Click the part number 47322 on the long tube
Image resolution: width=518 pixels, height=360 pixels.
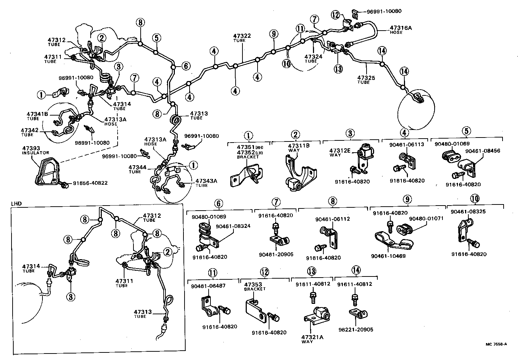point(242,36)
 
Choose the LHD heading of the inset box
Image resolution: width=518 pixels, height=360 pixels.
point(17,203)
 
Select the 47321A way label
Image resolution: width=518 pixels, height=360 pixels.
point(312,337)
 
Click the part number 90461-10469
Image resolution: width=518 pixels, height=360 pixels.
point(389,256)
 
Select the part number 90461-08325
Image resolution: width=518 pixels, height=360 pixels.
point(468,212)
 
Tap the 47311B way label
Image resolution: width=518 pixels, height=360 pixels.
point(298,146)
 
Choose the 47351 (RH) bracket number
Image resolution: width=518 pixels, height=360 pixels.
point(246,147)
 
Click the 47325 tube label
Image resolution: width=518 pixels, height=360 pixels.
point(366,77)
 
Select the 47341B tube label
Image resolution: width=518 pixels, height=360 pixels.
point(37,114)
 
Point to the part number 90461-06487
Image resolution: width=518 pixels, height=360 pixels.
point(208,286)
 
